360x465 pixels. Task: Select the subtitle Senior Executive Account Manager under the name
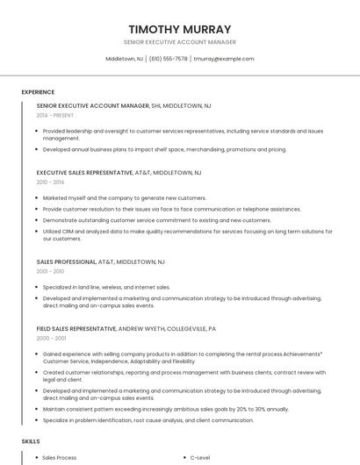[x=180, y=42]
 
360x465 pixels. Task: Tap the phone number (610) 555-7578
[x=168, y=59]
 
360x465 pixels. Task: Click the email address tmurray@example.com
[x=224, y=59]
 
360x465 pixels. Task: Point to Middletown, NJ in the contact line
[x=125, y=59]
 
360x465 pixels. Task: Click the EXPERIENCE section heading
[x=38, y=92]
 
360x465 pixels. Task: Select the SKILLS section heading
[x=31, y=440]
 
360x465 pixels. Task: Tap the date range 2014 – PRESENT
[x=55, y=115]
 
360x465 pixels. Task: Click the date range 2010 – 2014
[x=50, y=182]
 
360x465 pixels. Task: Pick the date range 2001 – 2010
[x=50, y=271]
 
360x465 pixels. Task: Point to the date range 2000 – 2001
[x=51, y=338]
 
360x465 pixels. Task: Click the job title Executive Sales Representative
[x=84, y=173]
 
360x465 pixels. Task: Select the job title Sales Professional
[x=66, y=261]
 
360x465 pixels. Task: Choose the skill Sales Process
[x=60, y=458]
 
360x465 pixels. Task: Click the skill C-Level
[x=200, y=458]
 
